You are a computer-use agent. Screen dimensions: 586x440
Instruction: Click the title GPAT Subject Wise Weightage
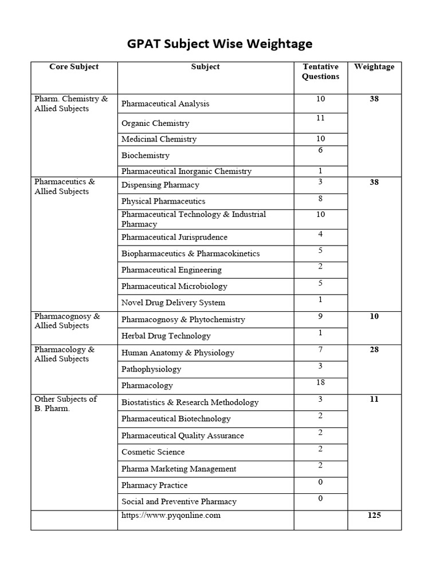click(219, 43)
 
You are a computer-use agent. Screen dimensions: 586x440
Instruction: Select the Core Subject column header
click(74, 67)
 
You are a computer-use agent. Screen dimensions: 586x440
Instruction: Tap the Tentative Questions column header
click(320, 72)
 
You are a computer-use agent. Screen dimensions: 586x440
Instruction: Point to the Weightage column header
click(374, 67)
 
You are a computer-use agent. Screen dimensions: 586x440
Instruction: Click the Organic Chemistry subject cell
click(155, 123)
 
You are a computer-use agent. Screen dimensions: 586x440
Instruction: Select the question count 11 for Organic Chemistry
click(320, 118)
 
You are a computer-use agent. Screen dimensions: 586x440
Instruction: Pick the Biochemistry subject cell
click(146, 156)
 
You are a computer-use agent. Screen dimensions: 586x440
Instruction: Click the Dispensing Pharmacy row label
click(160, 185)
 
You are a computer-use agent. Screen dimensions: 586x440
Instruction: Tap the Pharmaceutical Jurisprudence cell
click(174, 237)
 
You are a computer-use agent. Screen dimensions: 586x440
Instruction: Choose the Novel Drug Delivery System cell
click(173, 303)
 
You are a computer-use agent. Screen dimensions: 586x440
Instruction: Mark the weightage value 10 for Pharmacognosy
click(374, 316)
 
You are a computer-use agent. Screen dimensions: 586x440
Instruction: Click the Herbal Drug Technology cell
click(166, 336)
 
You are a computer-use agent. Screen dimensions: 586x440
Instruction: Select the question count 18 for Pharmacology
click(320, 381)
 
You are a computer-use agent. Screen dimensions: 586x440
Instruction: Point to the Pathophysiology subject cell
click(151, 369)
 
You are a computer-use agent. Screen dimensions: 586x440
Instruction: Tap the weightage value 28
click(374, 350)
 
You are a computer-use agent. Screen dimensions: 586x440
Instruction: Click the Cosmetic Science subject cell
click(153, 452)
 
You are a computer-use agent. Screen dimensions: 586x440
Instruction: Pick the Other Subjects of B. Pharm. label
click(66, 404)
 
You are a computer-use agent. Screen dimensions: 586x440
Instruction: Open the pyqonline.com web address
click(171, 516)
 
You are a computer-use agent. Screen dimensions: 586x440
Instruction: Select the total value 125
click(374, 516)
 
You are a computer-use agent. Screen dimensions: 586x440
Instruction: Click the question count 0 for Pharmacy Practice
click(320, 482)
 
